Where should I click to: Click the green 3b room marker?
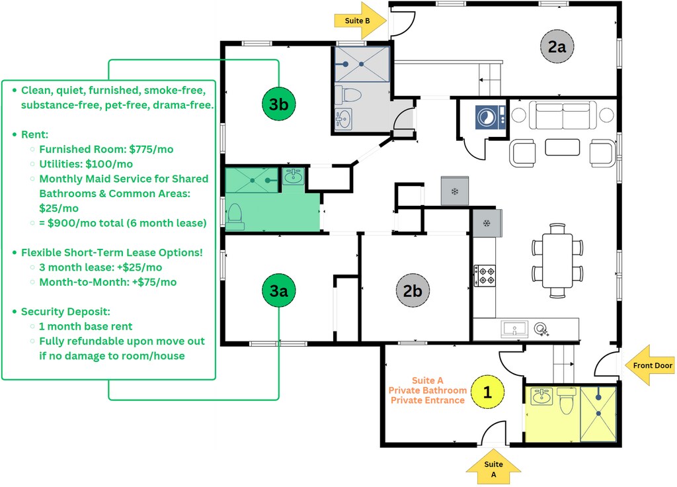279,104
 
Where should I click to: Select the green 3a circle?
279,290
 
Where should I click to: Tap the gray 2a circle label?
557,46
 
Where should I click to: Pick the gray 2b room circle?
413,290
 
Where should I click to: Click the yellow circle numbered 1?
487,392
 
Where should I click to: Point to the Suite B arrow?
360,21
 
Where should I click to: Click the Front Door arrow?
649,365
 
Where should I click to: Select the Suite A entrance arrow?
493,466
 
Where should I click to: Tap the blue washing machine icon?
491,117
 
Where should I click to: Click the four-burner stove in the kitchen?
485,276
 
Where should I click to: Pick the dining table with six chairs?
557,261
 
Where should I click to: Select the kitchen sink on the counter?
514,328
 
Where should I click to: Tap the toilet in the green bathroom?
235,216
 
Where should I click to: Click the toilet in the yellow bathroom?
566,400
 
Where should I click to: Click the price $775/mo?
151,150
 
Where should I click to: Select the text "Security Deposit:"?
65,312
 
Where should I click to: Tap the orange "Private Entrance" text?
428,400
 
